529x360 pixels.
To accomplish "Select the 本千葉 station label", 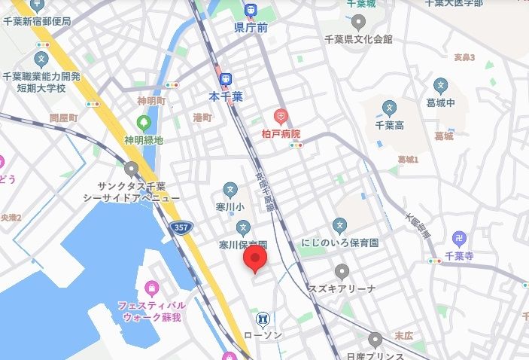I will [225, 96].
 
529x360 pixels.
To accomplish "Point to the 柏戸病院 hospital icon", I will [281, 116].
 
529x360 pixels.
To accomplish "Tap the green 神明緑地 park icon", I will [144, 122].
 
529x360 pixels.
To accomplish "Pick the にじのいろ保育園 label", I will [340, 243].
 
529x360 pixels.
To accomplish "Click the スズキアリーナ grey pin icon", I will [342, 271].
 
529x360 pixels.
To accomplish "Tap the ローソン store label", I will [263, 334].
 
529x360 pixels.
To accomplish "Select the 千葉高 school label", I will [389, 125].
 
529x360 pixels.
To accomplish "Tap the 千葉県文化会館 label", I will [358, 38].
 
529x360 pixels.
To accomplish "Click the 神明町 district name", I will [151, 101].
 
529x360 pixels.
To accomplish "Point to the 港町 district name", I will [202, 117].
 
